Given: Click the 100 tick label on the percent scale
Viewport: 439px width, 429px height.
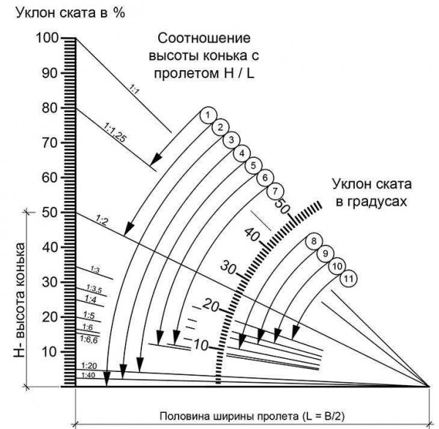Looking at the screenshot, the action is (48, 38).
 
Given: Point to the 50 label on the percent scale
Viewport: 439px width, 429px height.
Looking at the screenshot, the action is (50, 213).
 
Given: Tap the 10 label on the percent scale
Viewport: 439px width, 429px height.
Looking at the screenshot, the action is (50, 352).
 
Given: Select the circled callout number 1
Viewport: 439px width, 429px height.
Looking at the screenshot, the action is (208, 115).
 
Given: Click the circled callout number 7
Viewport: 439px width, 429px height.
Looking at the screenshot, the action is (275, 191).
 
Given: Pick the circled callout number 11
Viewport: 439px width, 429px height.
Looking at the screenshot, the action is (348, 278).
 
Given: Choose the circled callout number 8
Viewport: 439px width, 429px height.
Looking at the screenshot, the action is (314, 241).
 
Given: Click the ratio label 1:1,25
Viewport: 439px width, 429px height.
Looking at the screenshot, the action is (116, 133).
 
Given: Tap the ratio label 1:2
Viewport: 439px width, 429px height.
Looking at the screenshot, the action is (102, 221).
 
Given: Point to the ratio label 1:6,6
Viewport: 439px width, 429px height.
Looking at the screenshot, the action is (89, 340).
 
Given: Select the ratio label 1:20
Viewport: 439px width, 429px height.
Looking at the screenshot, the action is (89, 365).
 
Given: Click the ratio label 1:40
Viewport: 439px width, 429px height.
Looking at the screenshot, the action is (89, 376).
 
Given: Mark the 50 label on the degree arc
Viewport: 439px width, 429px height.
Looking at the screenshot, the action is (282, 206).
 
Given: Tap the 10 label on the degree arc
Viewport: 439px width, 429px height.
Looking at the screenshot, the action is (201, 346).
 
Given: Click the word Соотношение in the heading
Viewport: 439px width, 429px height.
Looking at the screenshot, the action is (204, 38).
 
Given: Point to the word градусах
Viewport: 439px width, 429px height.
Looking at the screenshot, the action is (371, 202).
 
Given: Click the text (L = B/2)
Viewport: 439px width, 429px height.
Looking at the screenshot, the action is (323, 416).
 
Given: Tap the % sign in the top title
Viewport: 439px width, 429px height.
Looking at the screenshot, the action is (119, 12).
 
